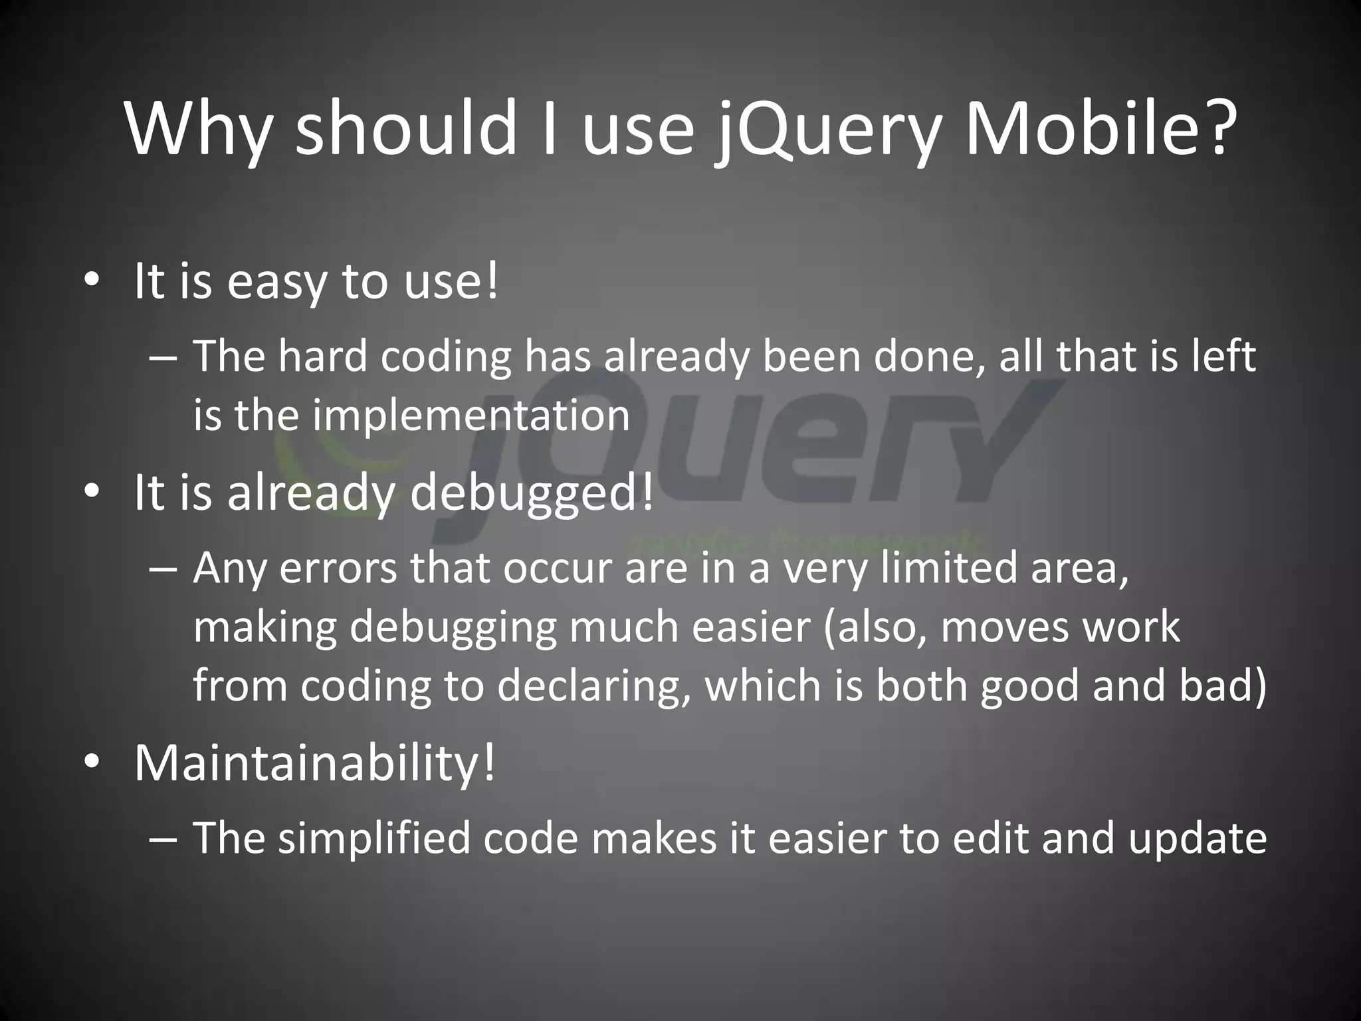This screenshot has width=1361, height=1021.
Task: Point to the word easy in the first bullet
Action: [x=277, y=283]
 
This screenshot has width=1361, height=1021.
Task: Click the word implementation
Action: [x=471, y=415]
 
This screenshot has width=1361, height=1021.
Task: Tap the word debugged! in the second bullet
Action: [x=532, y=493]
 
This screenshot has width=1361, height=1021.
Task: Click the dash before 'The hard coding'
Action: [x=163, y=357]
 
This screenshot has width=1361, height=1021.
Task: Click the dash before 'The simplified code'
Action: [x=163, y=838]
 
